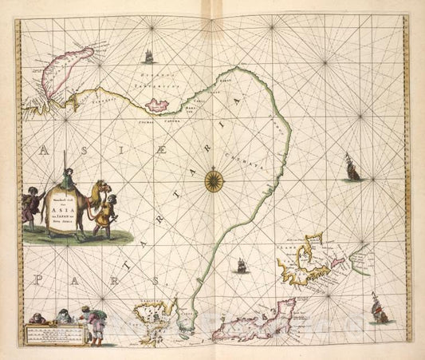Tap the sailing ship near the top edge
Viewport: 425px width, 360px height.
147,56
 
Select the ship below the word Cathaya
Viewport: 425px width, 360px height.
240,265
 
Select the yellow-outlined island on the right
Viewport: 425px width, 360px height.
304,260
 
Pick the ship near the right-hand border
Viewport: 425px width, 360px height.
352,168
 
